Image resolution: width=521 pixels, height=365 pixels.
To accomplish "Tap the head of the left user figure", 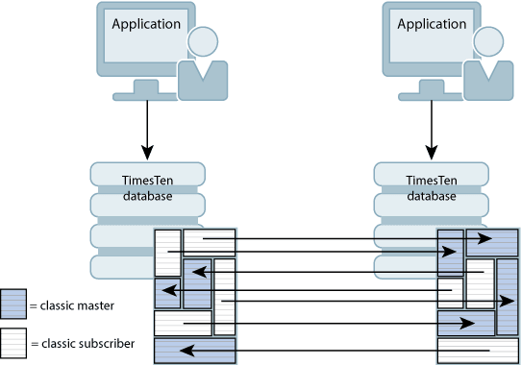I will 203,40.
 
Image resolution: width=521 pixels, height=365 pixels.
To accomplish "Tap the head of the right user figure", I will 487,40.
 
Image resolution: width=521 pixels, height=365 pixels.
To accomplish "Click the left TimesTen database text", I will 147,189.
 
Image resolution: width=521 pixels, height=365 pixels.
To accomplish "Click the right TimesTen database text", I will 432,189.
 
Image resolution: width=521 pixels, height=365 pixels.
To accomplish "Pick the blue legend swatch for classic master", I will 13,305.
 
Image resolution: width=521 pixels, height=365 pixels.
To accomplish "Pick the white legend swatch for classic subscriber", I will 13,343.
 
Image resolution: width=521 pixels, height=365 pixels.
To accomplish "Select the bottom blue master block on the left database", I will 194,351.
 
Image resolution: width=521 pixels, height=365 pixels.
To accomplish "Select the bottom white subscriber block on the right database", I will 478,351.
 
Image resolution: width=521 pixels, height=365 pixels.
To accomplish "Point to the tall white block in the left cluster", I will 224,296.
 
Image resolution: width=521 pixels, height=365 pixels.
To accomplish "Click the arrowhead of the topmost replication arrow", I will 485,238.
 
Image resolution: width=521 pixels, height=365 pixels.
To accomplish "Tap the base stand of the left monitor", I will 147,95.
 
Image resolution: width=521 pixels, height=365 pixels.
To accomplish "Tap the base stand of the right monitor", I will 432,95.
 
